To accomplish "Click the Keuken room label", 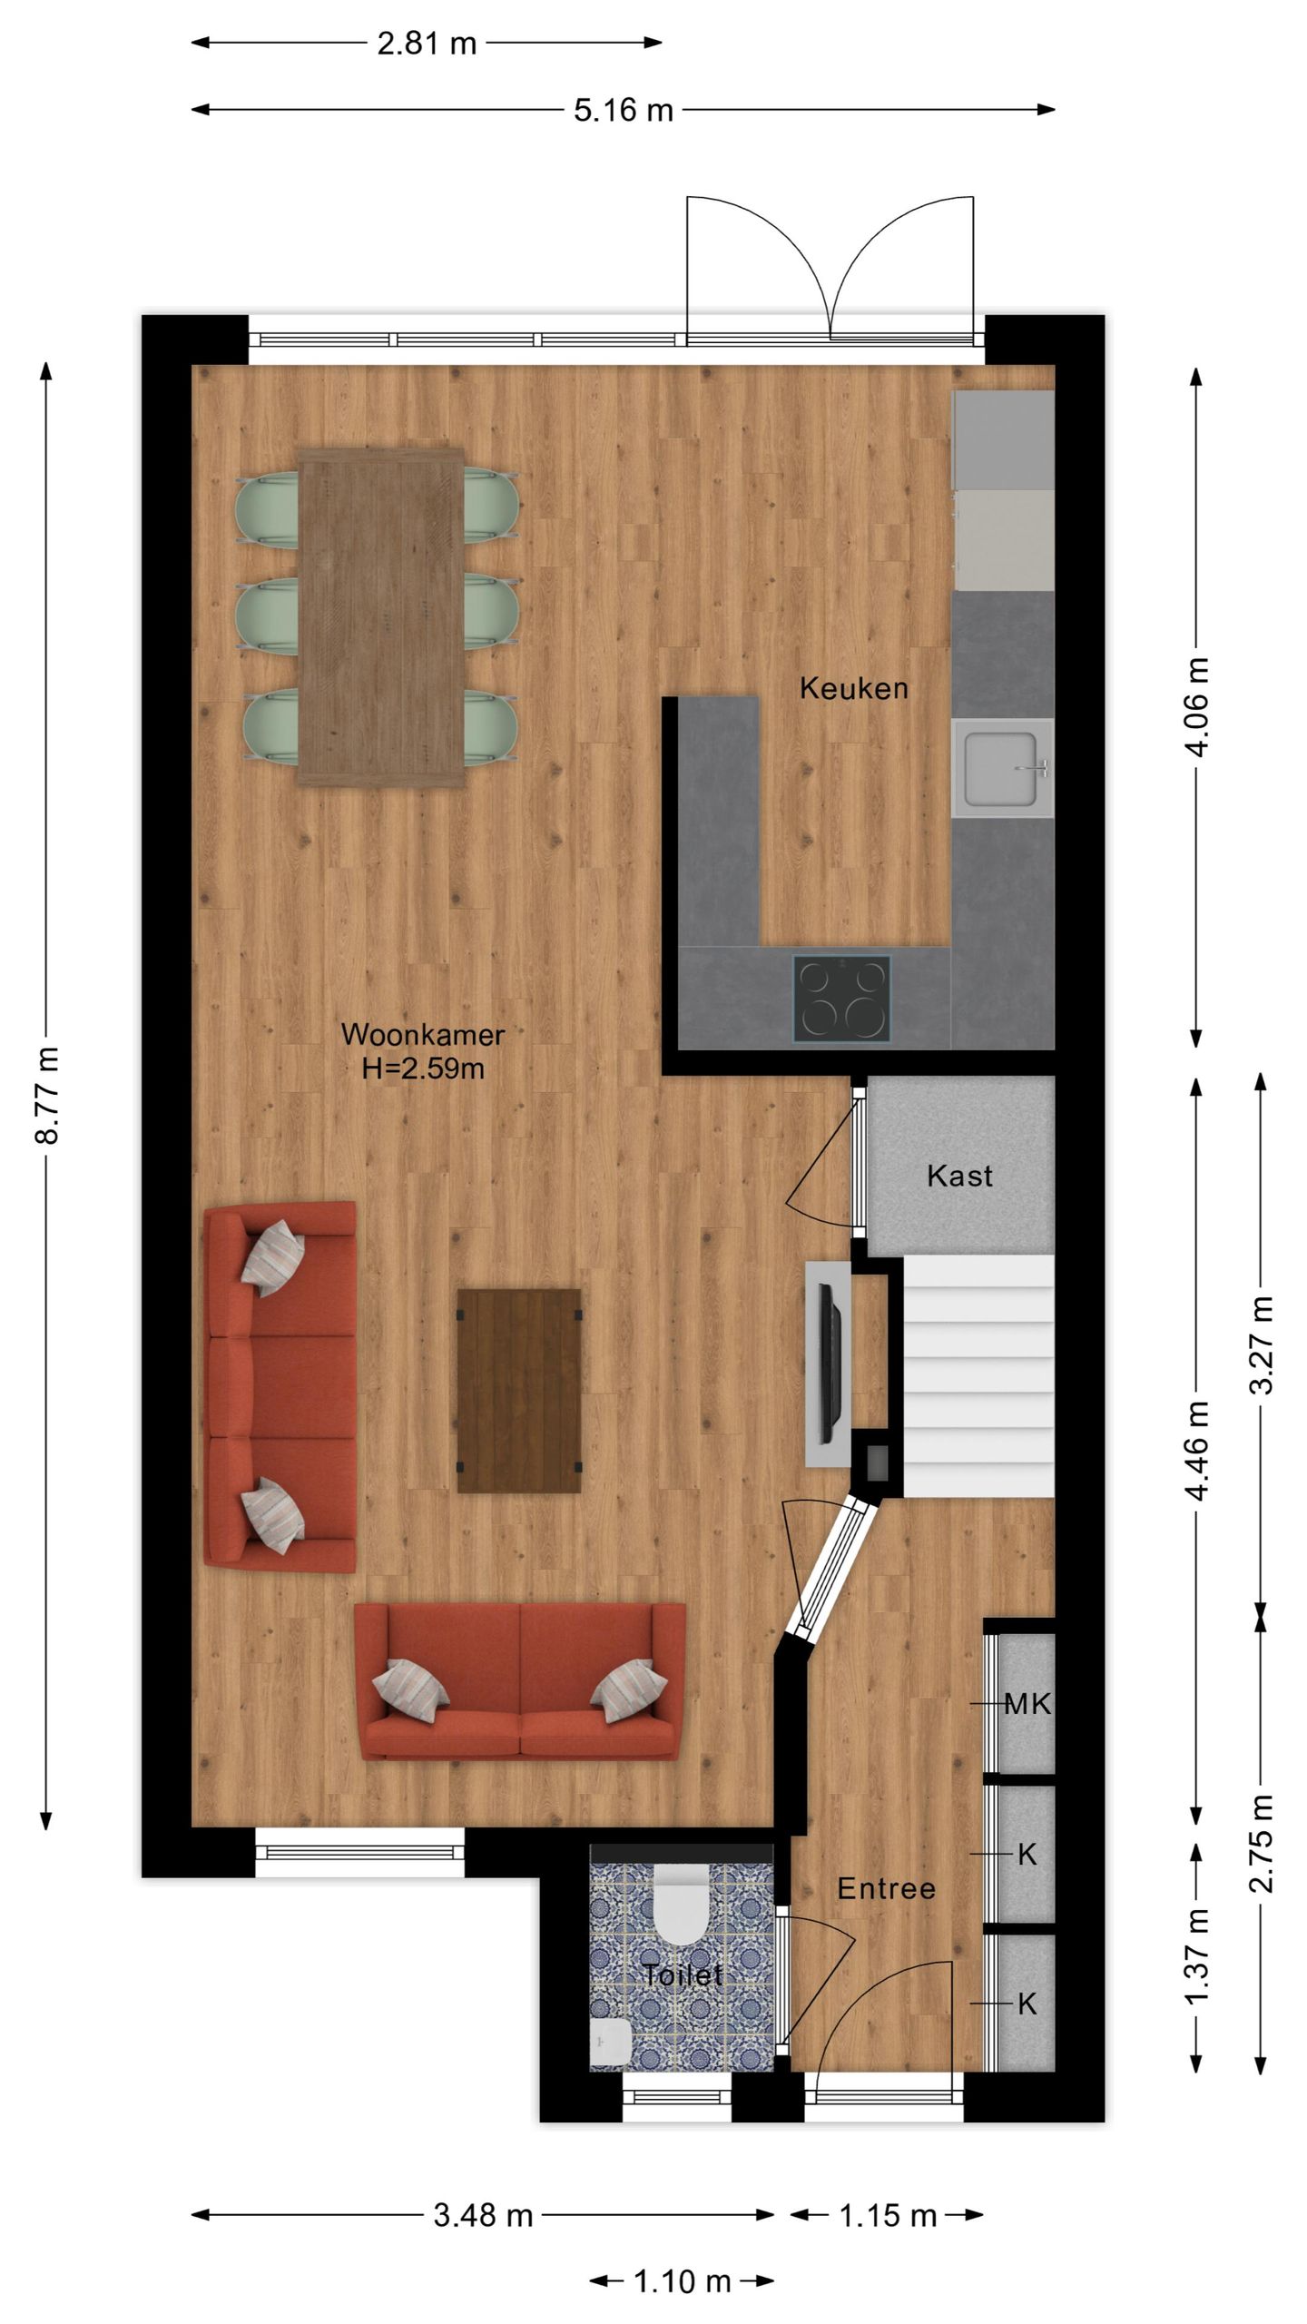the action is point(853,688).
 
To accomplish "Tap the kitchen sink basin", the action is point(1000,769).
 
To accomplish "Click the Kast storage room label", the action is point(959,1176).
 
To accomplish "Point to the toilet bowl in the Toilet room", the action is point(680,1902).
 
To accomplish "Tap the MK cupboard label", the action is point(1027,1704).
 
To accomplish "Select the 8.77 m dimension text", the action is point(47,1095).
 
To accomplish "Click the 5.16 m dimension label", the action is point(624,110).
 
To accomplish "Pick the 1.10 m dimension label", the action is point(682,2280).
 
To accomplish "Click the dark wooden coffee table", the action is point(519,1391).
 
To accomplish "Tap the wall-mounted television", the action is point(829,1363).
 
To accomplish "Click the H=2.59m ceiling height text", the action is point(423,1068).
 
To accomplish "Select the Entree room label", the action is point(886,1888).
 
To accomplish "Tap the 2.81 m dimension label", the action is point(427,43).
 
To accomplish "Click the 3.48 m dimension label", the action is point(483,2215).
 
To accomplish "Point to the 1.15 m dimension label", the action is point(888,2215).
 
